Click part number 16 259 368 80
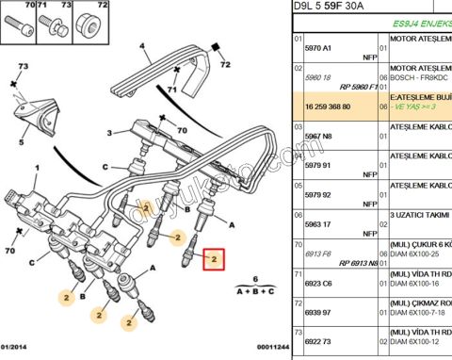pos(324,106)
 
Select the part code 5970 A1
pos(318,42)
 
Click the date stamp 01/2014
pos(19,347)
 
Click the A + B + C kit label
pos(253,292)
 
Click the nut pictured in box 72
pos(89,26)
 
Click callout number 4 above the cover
pos(142,45)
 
